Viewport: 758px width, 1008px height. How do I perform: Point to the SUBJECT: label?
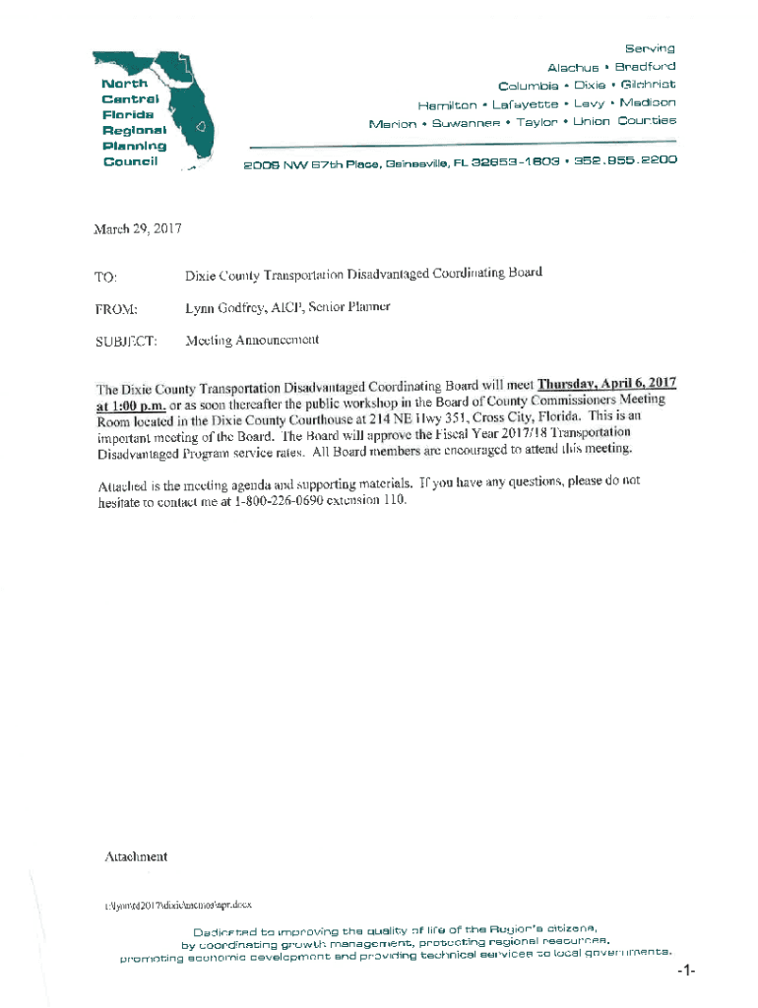(x=125, y=342)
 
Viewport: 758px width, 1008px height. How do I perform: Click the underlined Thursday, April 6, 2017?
(x=604, y=383)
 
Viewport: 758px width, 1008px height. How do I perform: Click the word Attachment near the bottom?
(x=136, y=856)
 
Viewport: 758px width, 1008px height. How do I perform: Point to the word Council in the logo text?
(x=131, y=161)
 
